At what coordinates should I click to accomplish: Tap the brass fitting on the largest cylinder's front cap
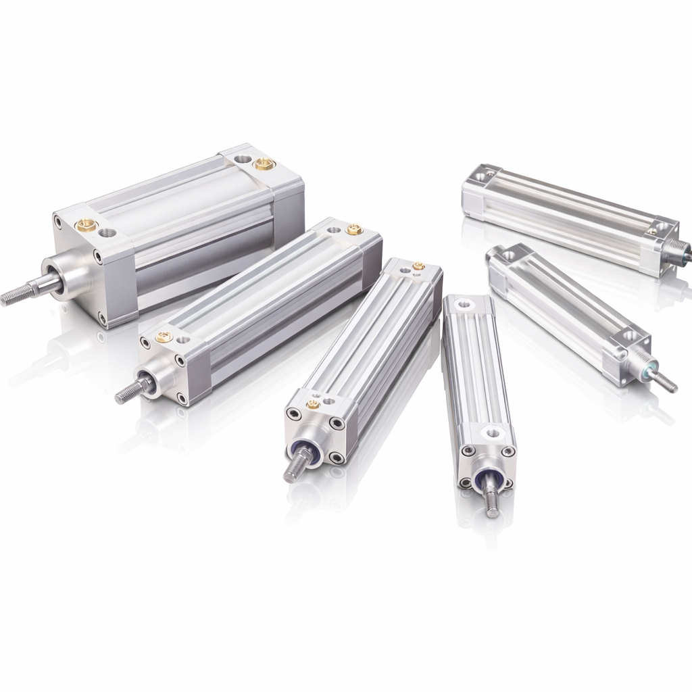pos(86,226)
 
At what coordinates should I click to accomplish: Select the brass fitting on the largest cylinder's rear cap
pos(264,164)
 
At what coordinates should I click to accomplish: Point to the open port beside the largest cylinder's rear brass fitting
pos(242,159)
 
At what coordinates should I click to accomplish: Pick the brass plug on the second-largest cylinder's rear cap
pos(354,230)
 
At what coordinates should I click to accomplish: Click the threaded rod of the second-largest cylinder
pos(127,393)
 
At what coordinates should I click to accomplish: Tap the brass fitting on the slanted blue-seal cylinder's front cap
pos(313,405)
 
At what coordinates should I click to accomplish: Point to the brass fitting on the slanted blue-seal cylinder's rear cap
pos(418,266)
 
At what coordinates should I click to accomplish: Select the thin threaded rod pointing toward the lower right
pos(666,382)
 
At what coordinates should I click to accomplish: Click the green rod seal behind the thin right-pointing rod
pos(649,370)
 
